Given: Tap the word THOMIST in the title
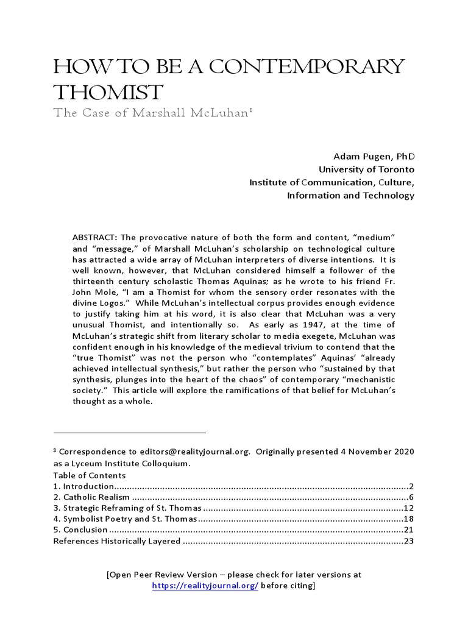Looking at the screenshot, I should pyautogui.click(x=108, y=93).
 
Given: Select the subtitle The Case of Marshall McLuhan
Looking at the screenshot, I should pyautogui.click(x=152, y=113).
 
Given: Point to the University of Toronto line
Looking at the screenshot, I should pyautogui.click(x=366, y=169).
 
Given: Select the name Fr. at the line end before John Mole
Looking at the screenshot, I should pyautogui.click(x=389, y=281).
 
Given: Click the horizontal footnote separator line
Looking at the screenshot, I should pyautogui.click(x=129, y=433).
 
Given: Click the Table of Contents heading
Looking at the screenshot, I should pyautogui.click(x=89, y=475).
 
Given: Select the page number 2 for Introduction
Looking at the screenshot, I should pyautogui.click(x=411, y=486).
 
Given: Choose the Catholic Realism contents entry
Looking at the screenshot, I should pyautogui.click(x=91, y=497).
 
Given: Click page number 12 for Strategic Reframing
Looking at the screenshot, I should pyautogui.click(x=409, y=508).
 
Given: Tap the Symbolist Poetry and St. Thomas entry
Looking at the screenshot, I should pyautogui.click(x=125, y=519).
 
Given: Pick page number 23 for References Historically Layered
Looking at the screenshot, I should pyautogui.click(x=409, y=541).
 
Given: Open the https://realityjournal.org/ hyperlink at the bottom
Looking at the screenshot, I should pyautogui.click(x=205, y=586).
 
